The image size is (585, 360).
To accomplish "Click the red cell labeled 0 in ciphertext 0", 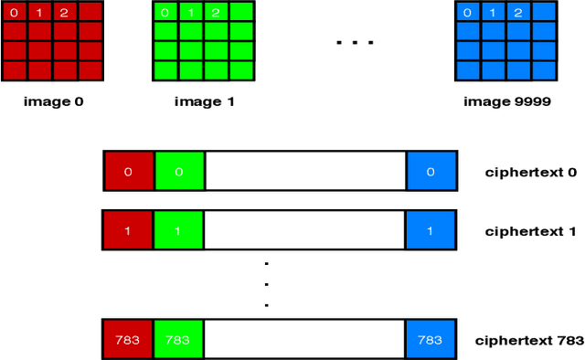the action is tap(129, 172).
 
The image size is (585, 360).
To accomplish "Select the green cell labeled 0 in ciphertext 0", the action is tap(179, 172).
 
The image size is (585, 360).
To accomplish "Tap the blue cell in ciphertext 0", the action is tap(431, 172).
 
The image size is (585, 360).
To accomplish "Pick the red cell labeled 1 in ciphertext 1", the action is tap(129, 230).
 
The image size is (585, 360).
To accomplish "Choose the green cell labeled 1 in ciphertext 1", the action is tap(179, 230).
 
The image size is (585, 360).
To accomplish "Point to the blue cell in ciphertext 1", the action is tap(431, 230).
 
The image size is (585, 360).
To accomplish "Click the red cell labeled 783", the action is tap(129, 340).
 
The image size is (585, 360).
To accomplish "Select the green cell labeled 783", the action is tap(179, 340).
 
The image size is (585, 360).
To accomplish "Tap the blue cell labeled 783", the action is tap(431, 340).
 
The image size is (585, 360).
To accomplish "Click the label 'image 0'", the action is tap(53, 101).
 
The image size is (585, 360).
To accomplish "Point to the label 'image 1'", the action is tap(204, 101).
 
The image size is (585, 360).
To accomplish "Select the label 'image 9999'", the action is tap(506, 101).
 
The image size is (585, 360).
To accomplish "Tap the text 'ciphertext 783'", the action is tap(529, 340).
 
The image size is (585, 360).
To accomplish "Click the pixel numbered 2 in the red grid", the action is tap(64, 13).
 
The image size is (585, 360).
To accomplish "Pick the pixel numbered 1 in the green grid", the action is tap(189, 13).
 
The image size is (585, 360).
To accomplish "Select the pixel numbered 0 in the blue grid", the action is tap(468, 13).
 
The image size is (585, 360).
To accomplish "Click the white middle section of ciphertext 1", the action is tap(305, 230).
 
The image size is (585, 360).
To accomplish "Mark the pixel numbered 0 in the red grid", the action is tap(14, 13).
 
